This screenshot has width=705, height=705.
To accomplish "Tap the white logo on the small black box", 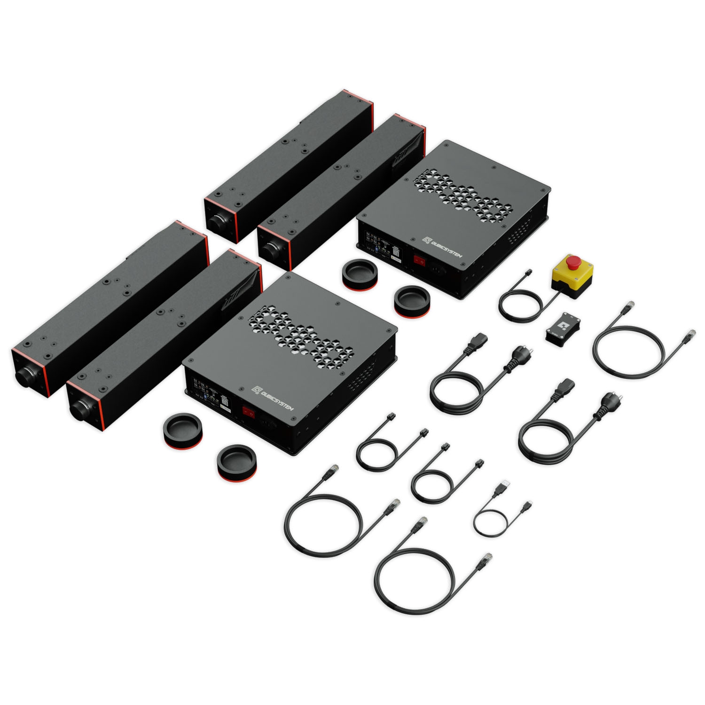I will coord(562,325).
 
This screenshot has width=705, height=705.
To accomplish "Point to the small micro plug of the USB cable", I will coord(528,505).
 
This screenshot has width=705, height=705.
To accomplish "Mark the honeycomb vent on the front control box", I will coord(301,335).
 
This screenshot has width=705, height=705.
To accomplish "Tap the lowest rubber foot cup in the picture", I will coord(236,463).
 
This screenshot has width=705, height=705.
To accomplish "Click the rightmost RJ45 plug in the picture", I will coord(691,335).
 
